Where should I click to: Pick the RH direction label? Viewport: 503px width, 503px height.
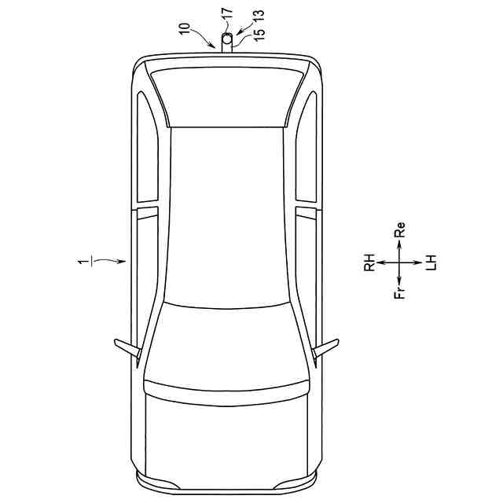point(369,263)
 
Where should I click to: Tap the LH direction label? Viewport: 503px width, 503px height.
point(431,263)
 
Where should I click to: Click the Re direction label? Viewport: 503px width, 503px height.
point(399,229)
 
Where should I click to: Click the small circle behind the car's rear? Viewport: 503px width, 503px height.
point(227,39)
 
